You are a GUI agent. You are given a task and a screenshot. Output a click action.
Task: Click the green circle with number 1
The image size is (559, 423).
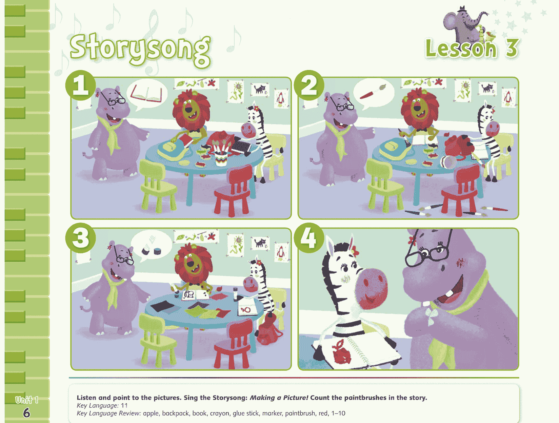pos(80,85)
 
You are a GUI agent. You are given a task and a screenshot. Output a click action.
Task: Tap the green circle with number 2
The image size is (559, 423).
pos(309,85)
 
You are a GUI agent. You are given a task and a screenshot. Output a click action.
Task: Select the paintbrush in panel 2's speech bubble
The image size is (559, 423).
pos(372,92)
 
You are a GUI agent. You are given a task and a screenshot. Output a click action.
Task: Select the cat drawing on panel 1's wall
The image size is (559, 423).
pos(260,90)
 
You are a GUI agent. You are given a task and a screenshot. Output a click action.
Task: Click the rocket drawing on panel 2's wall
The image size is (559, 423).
pos(508,97)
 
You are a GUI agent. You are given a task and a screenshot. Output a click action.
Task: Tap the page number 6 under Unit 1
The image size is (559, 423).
pos(26,413)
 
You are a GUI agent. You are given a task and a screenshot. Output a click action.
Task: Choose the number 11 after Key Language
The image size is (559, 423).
pos(124,405)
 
